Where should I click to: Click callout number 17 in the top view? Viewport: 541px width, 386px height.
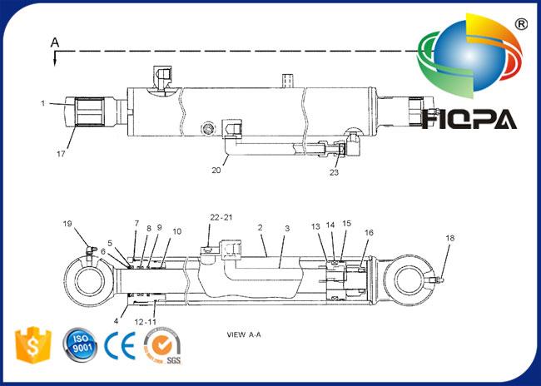pos(61,154)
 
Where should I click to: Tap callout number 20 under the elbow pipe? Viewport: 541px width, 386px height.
pos(216,170)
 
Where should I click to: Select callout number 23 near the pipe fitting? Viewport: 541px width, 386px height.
pos(334,172)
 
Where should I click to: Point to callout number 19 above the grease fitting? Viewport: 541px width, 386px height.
pos(67,224)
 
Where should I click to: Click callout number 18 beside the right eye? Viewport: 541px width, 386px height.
pos(450,238)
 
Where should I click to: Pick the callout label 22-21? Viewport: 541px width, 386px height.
pos(221,217)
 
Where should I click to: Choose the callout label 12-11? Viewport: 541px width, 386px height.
pos(146,322)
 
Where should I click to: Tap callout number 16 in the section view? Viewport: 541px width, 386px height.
pos(369,232)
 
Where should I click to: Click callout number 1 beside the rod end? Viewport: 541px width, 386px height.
pos(42,103)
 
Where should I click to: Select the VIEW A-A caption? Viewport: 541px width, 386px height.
pos(244,334)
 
